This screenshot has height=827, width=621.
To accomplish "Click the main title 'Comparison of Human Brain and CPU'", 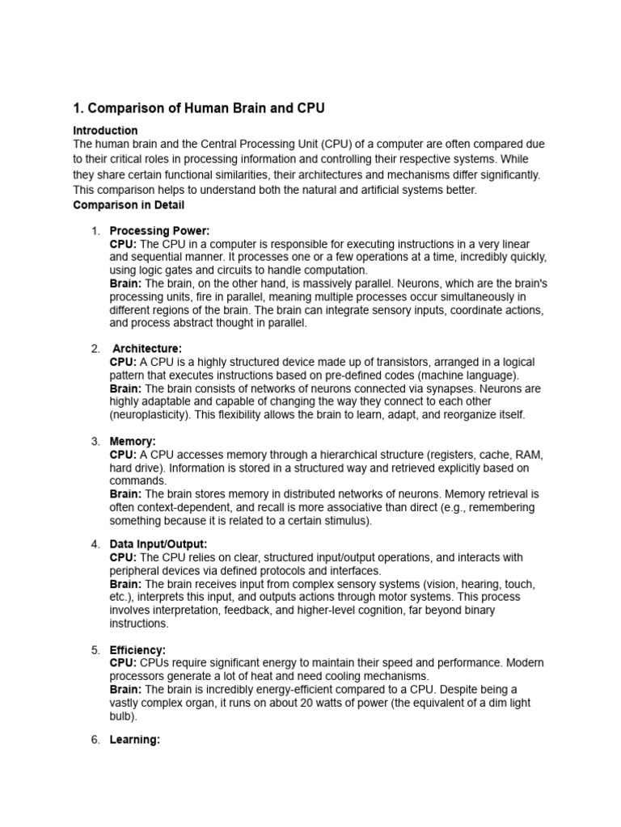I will [x=199, y=108].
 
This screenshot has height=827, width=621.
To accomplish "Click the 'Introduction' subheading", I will [x=105, y=130].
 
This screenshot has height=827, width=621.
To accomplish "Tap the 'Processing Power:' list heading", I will [x=159, y=231].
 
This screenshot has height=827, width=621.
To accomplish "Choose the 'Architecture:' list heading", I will [x=147, y=348].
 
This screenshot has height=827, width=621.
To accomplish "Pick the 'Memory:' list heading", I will [x=133, y=442].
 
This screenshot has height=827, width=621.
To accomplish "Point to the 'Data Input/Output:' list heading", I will [x=158, y=544].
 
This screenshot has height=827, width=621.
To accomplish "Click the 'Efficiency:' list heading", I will [x=137, y=650].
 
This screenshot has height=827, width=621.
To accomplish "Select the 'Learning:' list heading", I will [x=135, y=739].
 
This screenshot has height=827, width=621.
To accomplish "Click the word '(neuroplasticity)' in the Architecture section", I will [x=151, y=414].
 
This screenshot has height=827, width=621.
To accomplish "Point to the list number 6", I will [x=95, y=739].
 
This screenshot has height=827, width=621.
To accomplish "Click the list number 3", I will [x=95, y=442].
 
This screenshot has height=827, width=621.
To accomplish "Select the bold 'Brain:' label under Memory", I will [x=125, y=494].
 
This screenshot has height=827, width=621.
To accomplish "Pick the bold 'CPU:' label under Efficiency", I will [x=123, y=663].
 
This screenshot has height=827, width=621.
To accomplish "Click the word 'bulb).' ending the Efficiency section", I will [x=124, y=716].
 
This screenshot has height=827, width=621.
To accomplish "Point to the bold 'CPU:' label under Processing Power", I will [x=123, y=244].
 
